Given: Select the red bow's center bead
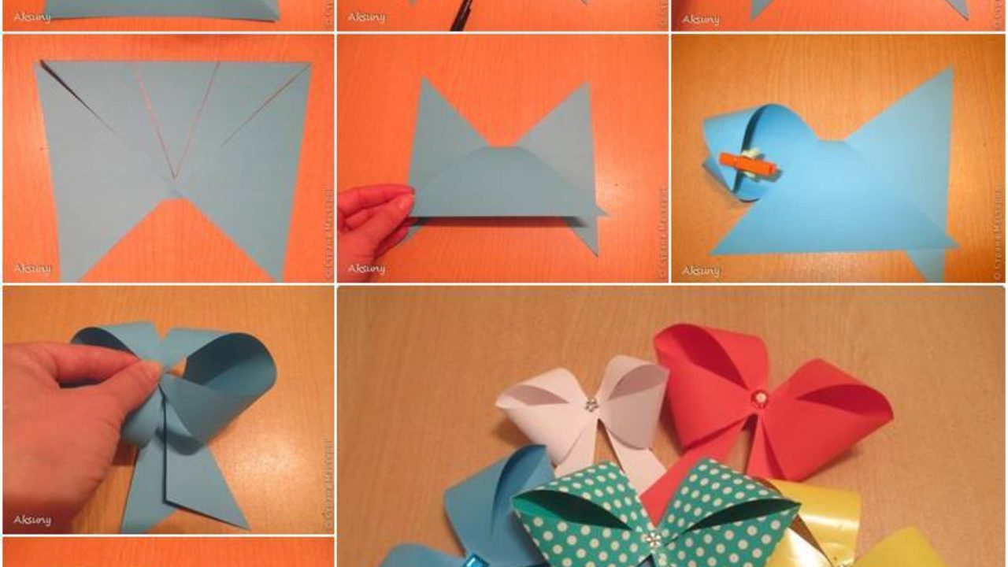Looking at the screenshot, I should tap(759, 398).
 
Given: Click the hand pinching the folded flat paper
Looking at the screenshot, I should tap(374, 220).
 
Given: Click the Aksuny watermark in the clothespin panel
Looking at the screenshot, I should tap(701, 270).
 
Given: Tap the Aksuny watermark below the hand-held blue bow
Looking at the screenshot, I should tap(32, 520).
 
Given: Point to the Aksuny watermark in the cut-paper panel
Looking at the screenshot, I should tap(32, 269).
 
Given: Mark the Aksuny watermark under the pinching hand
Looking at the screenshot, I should tap(366, 269).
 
